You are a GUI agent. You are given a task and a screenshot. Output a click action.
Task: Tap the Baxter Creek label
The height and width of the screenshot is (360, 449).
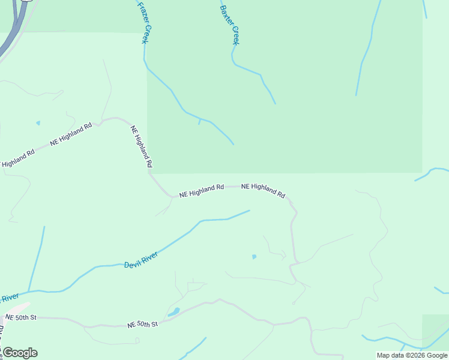(x=230, y=25)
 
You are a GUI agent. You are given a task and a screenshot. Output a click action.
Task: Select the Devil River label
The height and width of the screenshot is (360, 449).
(x=141, y=260)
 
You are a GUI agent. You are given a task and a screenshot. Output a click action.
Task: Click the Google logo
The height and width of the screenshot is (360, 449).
(x=20, y=353)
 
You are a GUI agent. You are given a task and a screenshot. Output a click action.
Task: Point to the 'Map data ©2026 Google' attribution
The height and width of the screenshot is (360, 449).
(x=412, y=355)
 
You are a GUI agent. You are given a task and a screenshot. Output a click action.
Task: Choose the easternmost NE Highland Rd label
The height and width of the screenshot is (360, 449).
(x=263, y=190)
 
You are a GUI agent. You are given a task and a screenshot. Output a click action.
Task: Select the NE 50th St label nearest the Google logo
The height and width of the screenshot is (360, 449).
(x=21, y=317)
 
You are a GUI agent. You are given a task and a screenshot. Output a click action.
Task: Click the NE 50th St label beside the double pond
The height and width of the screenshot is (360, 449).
(x=142, y=324)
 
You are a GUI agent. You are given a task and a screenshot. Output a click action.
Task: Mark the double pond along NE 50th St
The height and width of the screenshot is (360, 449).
(x=173, y=312)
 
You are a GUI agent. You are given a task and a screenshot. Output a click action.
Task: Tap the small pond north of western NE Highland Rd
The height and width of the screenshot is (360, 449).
(x=38, y=123)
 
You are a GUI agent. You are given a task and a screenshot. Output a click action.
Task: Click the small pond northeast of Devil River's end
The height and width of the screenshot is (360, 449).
(x=254, y=256)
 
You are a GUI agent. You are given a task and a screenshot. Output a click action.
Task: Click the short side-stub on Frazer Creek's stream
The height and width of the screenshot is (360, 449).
(x=199, y=122)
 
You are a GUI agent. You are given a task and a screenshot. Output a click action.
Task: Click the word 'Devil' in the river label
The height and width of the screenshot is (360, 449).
(x=132, y=263)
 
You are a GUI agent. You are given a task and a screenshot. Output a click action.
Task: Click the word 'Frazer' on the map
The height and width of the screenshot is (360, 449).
(x=141, y=13)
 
